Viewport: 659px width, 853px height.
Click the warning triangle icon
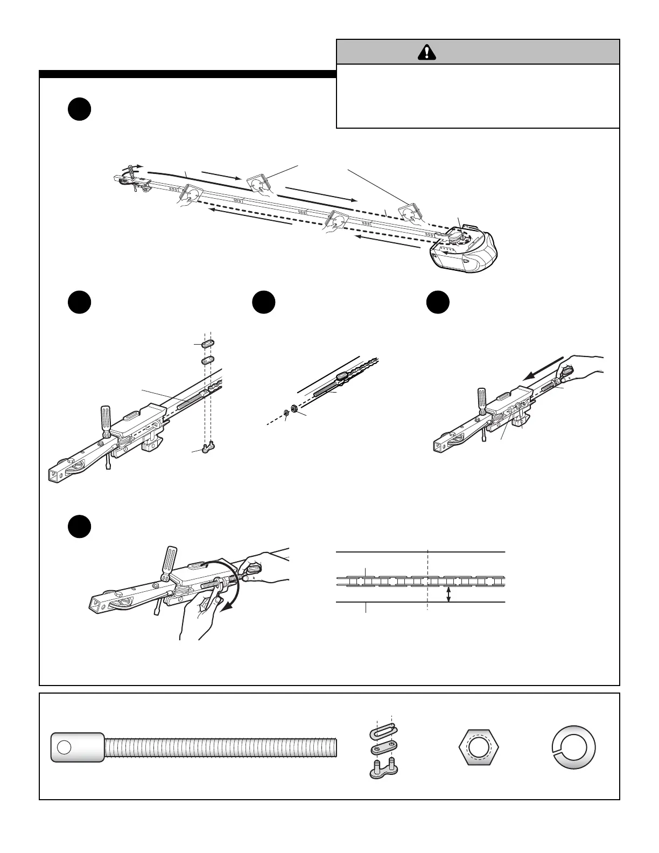pyautogui.click(x=426, y=52)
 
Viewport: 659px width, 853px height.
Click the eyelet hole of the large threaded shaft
pyautogui.click(x=64, y=747)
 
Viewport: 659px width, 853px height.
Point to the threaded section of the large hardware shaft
pyautogui.click(x=221, y=747)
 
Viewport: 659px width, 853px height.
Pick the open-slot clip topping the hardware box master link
pyautogui.click(x=384, y=732)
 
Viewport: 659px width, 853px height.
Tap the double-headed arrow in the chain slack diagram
pyautogui.click(x=448, y=594)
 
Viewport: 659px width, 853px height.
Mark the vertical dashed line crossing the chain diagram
pyautogui.click(x=427, y=579)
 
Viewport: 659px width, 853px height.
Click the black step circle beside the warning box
pyautogui.click(x=79, y=109)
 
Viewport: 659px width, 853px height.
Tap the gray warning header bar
pyautogui.click(x=478, y=52)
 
